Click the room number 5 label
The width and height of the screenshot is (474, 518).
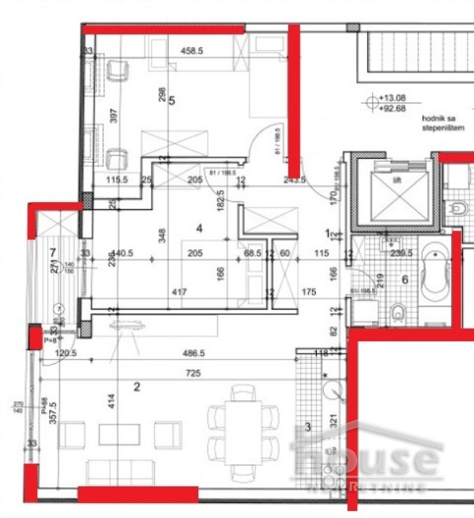(x=171, y=100)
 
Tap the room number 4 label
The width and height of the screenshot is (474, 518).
(x=200, y=228)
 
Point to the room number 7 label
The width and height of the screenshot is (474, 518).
(x=52, y=253)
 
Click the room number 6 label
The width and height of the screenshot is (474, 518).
(x=404, y=278)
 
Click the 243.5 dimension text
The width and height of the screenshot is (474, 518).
(x=294, y=180)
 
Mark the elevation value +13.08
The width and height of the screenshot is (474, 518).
(x=389, y=99)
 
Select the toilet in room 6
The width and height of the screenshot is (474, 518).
(x=399, y=313)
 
